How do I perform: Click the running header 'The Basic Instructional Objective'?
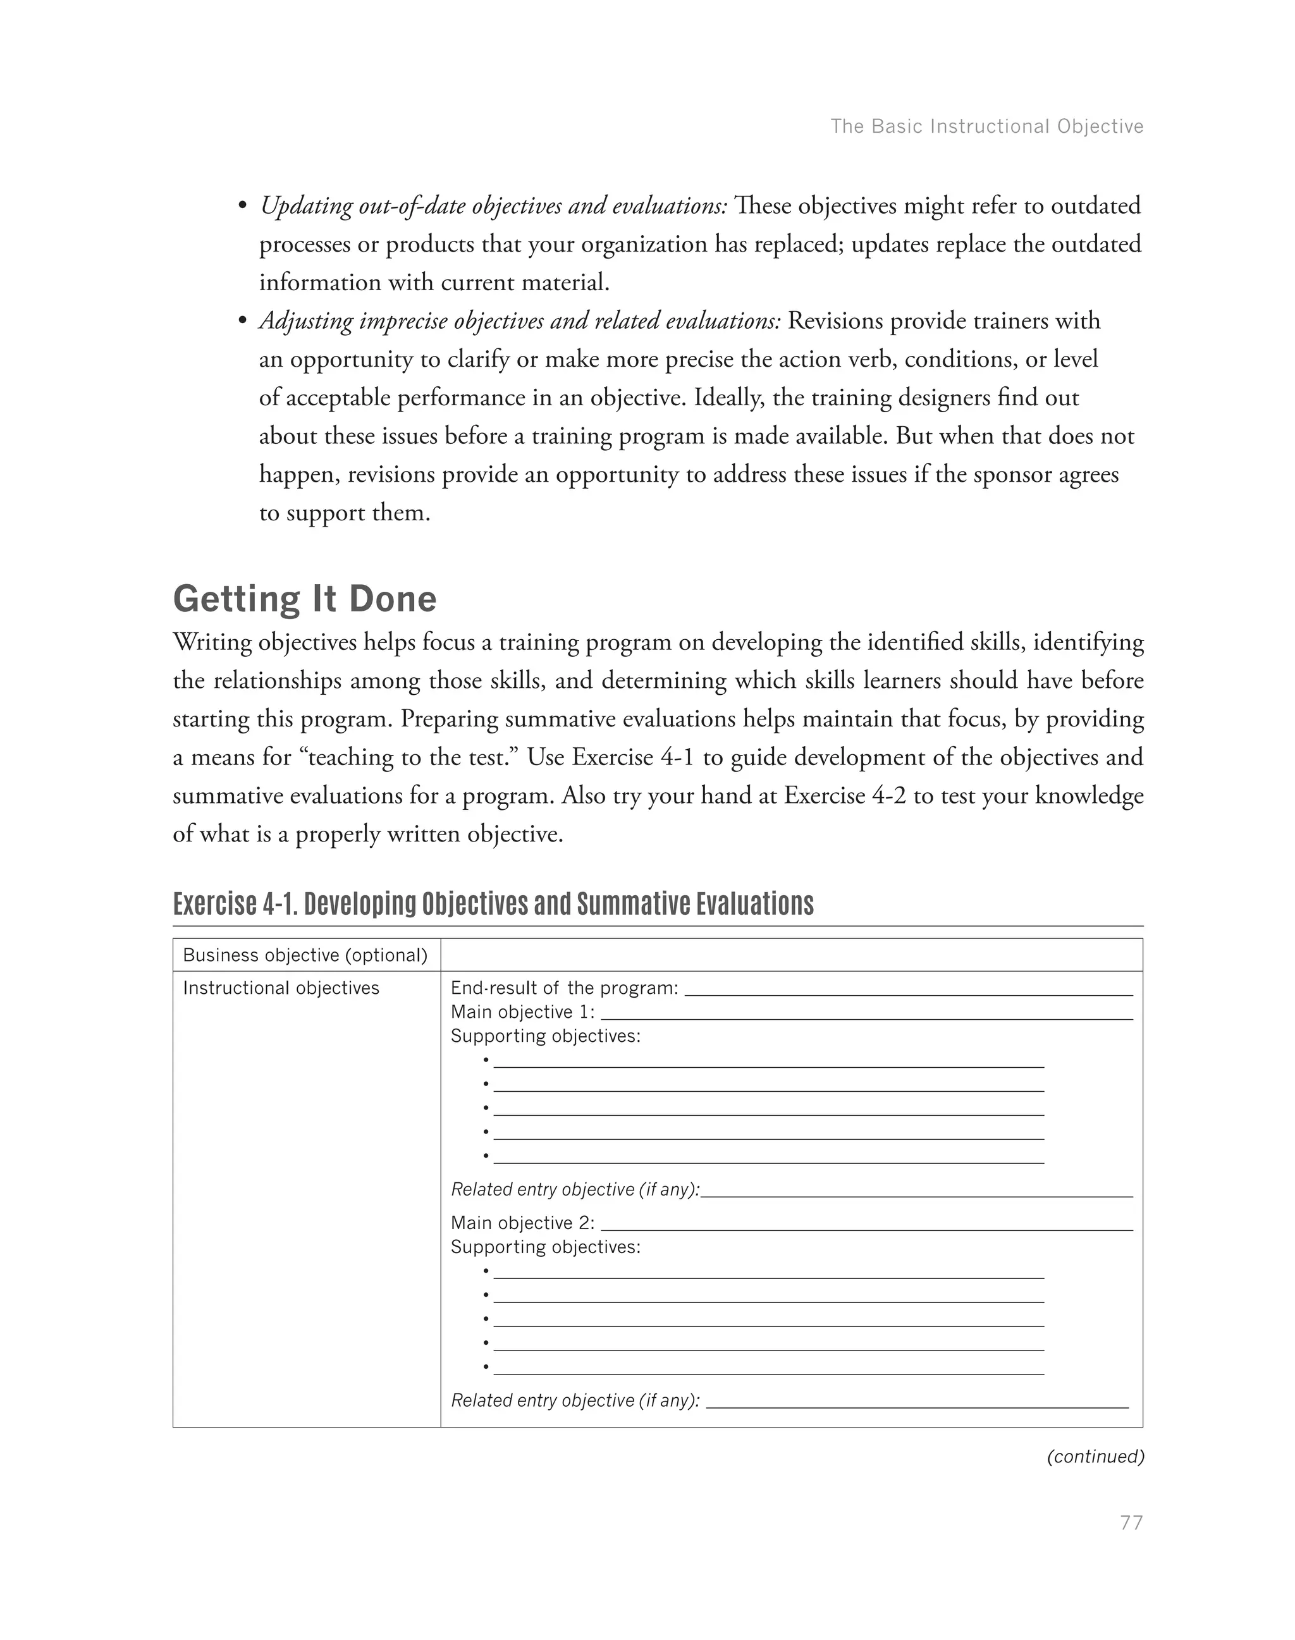coord(986,126)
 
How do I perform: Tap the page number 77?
coord(1131,1522)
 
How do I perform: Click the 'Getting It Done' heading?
coord(305,599)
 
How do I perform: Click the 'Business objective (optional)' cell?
coord(305,955)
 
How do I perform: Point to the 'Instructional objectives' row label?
coord(281,988)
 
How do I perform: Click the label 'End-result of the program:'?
coord(564,988)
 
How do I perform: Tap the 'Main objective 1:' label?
coord(522,1012)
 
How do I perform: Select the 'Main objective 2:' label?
coord(522,1223)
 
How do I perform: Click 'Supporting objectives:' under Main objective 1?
coord(545,1036)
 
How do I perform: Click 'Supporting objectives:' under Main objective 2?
coord(545,1247)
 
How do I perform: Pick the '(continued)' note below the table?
coord(1095,1457)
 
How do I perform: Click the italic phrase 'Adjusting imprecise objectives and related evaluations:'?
coord(520,321)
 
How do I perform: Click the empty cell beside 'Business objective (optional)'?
coord(791,955)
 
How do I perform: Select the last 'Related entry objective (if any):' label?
coord(575,1400)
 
